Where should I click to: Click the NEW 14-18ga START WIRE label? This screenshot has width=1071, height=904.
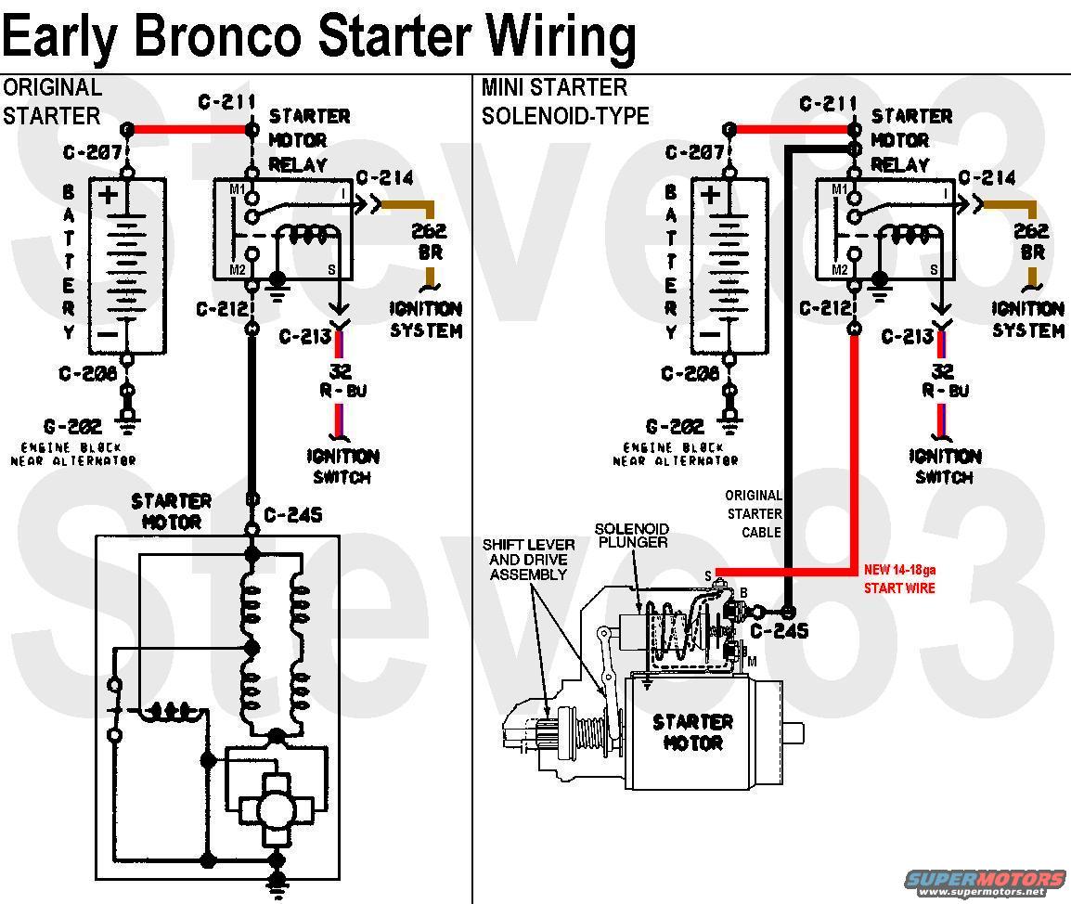[x=899, y=579]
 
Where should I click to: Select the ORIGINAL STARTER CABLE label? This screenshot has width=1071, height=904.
[x=754, y=514]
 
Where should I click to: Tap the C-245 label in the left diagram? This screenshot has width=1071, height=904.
[x=292, y=514]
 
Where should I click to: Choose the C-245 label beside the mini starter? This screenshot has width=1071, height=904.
[x=780, y=631]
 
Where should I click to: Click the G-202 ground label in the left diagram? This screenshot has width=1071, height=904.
[x=85, y=428]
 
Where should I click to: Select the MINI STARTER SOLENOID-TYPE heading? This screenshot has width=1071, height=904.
[x=564, y=101]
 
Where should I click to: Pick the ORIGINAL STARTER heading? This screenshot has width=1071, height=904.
[x=51, y=101]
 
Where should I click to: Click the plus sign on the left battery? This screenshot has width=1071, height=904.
[x=110, y=195]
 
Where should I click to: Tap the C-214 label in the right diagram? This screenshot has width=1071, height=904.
[x=987, y=177]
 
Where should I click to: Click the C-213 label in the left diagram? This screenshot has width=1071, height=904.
[x=304, y=336]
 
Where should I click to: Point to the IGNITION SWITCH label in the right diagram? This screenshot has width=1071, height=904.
[x=943, y=466]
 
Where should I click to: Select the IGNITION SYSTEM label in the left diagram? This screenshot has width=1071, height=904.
[x=425, y=319]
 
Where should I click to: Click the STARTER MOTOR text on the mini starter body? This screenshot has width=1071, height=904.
[x=692, y=732]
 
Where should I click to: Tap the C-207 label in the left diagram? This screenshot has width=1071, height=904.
[x=92, y=152]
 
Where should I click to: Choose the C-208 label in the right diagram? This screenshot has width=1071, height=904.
[x=693, y=374]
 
